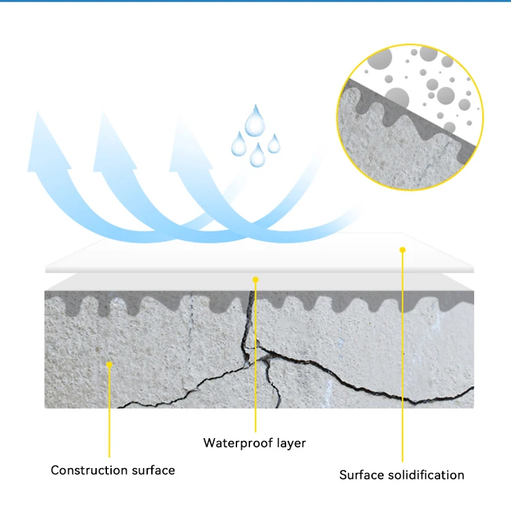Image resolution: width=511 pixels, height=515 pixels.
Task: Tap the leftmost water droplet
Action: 238,145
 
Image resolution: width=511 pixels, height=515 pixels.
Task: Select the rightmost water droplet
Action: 273,144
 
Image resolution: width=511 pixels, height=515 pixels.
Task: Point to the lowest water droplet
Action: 257,156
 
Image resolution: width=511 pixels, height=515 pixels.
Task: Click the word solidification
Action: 424,475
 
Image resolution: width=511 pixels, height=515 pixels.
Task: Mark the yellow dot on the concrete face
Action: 109,365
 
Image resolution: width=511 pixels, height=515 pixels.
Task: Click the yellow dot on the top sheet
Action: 402,250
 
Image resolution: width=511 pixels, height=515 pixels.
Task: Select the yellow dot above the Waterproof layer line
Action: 255,279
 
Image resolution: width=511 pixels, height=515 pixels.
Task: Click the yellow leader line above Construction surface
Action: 109,422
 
